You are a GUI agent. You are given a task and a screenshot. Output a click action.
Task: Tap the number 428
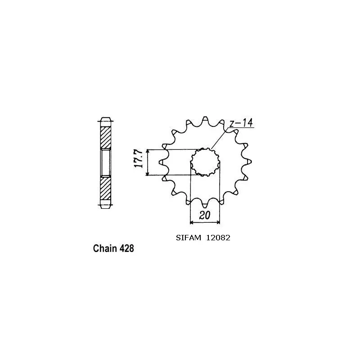click(x=126, y=248)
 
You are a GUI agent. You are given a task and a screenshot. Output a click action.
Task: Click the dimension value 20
click(x=205, y=216)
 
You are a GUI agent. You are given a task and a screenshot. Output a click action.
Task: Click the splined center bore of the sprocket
click(x=205, y=162)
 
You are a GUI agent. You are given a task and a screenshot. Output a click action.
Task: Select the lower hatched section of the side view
click(x=105, y=189)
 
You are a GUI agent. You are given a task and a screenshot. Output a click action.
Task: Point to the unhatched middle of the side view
click(x=105, y=163)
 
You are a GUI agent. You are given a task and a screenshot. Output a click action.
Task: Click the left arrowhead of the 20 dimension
click(x=192, y=222)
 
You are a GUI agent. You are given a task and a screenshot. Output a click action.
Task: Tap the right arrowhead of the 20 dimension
click(x=219, y=222)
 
